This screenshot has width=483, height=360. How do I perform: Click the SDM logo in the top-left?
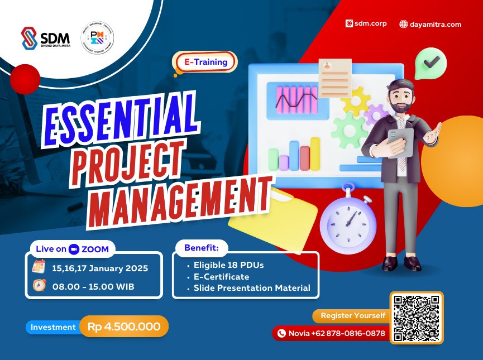click(x=45, y=39)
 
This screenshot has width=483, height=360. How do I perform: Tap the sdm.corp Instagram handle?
click(x=366, y=24)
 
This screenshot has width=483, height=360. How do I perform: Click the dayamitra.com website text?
click(x=431, y=24)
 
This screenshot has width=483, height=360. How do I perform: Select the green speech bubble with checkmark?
click(x=431, y=63)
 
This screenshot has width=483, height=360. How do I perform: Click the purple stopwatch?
click(x=348, y=221)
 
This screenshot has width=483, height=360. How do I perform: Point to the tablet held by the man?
click(x=400, y=142)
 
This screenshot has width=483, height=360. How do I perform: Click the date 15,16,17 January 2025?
click(x=100, y=268)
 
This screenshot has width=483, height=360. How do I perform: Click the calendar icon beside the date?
click(x=39, y=267)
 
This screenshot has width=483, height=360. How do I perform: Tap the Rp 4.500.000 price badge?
click(x=123, y=327)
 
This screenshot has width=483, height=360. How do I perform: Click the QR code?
click(x=417, y=317)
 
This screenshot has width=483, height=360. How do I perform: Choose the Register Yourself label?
click(x=352, y=315)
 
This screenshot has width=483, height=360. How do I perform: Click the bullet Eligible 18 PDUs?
click(x=228, y=265)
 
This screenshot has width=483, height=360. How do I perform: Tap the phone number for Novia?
click(x=336, y=333)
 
